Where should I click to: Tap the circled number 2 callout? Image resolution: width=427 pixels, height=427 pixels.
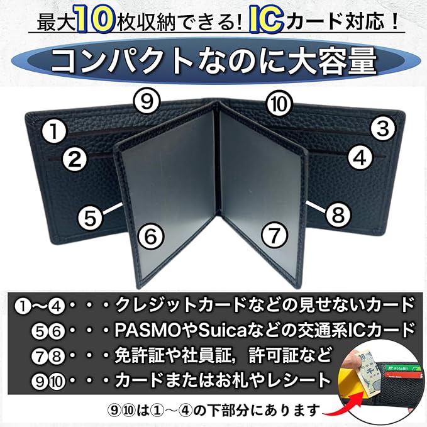[75, 160]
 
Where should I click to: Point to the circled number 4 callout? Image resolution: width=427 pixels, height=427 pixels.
[359, 157]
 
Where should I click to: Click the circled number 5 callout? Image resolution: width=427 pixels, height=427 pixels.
[91, 218]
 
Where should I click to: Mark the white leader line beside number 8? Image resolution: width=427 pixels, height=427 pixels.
[315, 206]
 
